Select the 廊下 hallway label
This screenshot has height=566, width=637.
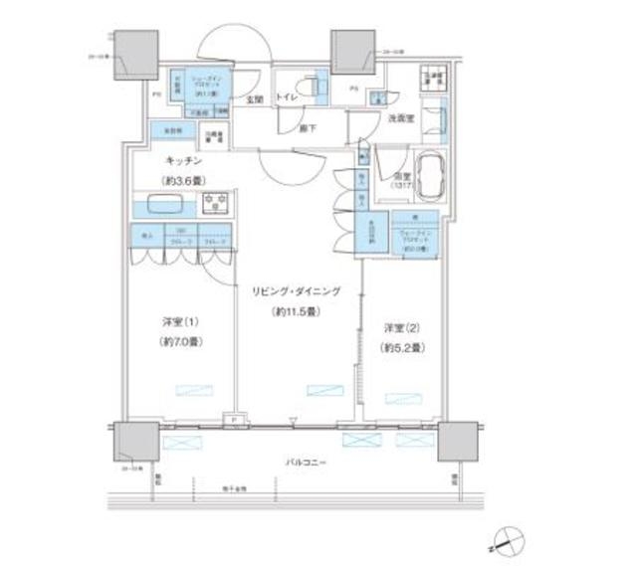pos(311,127)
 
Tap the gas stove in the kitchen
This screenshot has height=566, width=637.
pos(216,204)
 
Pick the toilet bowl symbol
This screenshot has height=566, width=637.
pos(321,86)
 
